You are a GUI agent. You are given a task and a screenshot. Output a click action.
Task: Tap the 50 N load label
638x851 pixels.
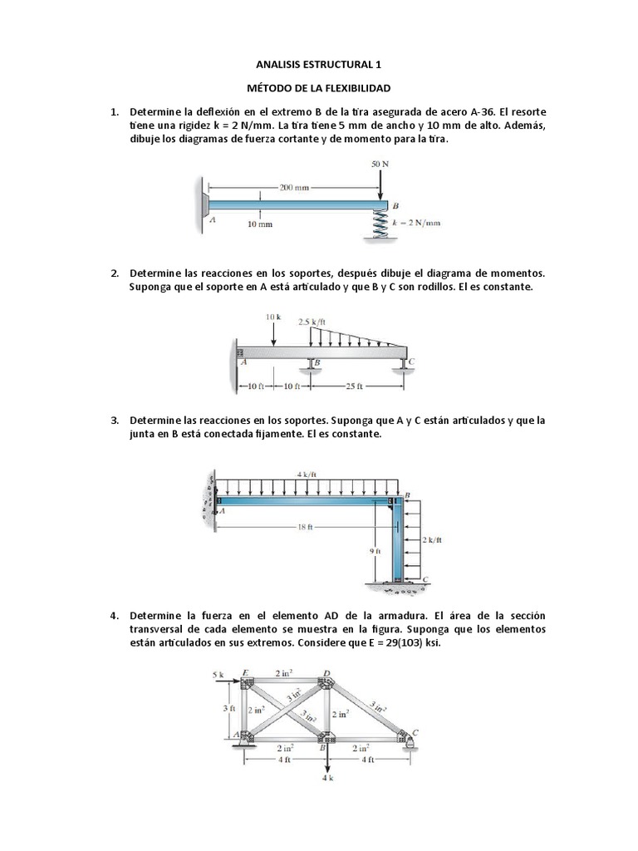(380, 164)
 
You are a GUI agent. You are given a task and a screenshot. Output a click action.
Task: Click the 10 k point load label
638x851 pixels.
(274, 317)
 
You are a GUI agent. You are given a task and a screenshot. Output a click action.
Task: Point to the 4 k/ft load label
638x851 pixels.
(307, 474)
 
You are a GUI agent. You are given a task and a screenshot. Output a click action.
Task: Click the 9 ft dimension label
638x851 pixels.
(376, 550)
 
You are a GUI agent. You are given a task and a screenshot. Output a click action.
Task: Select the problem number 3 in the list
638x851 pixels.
(115, 421)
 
